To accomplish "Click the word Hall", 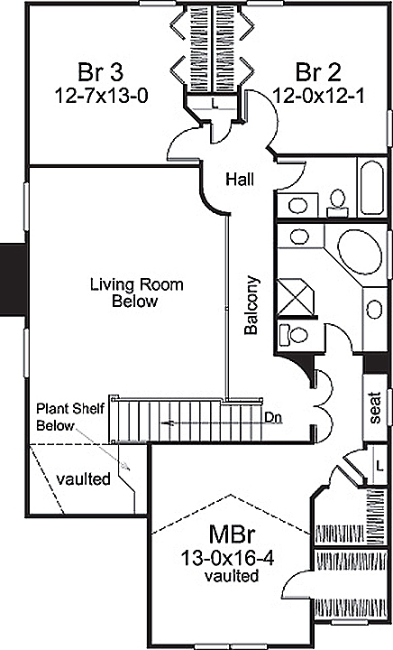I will [240, 180].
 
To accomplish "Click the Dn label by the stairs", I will [275, 418].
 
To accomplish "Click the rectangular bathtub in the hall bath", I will [372, 187].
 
